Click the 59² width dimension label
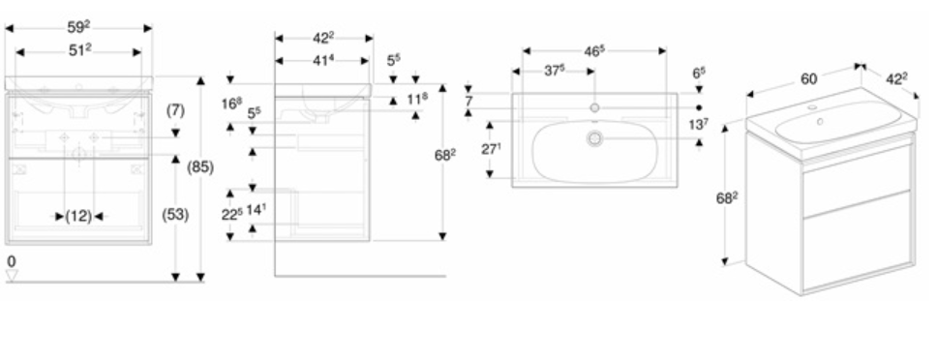tap(78, 27)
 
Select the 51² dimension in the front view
tap(79, 51)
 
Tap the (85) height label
tap(200, 167)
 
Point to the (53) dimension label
tap(176, 215)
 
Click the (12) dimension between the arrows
tap(78, 216)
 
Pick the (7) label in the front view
tap(176, 110)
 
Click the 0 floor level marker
tap(12, 261)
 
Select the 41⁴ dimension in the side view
tap(322, 60)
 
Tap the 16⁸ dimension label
tap(232, 104)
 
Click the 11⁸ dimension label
tap(417, 99)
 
